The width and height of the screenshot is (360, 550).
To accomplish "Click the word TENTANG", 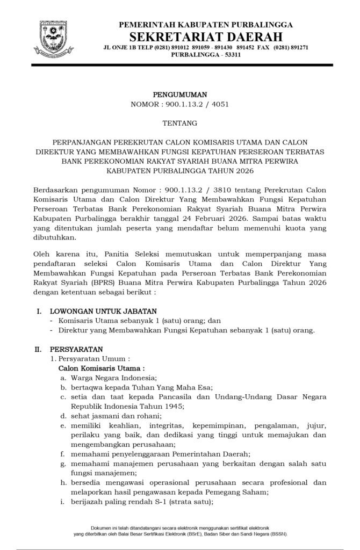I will (x=179, y=123).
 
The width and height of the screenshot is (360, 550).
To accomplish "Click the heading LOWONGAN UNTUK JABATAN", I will (x=103, y=311).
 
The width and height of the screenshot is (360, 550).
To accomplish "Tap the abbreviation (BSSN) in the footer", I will (x=277, y=534).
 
